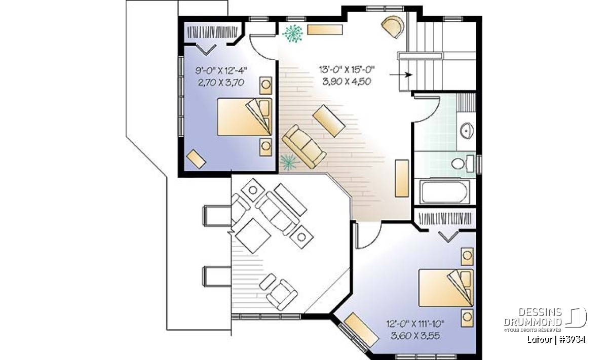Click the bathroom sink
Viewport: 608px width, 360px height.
point(467,131)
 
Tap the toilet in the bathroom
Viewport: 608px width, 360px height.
point(463,164)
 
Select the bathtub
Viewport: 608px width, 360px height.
point(445,192)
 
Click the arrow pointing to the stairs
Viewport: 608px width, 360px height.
point(401,74)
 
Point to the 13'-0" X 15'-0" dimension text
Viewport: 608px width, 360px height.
point(347,70)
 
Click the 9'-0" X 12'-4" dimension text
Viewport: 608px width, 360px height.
point(221,71)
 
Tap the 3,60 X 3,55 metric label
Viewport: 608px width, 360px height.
point(415,336)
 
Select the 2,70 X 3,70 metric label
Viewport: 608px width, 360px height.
point(221,82)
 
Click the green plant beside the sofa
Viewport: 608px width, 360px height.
point(289,162)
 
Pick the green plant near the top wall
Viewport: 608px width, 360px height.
point(292,33)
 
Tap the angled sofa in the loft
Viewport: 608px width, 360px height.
point(304,146)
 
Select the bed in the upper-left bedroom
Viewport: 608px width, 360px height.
point(244,117)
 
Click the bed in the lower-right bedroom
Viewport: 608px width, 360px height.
point(446,288)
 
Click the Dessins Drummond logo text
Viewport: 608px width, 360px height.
point(533,317)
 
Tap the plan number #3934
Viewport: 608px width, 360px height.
point(572,340)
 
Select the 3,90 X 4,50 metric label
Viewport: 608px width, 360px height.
point(347,82)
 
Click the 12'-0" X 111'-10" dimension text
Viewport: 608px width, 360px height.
point(415,324)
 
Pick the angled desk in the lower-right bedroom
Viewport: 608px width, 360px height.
point(361,330)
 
